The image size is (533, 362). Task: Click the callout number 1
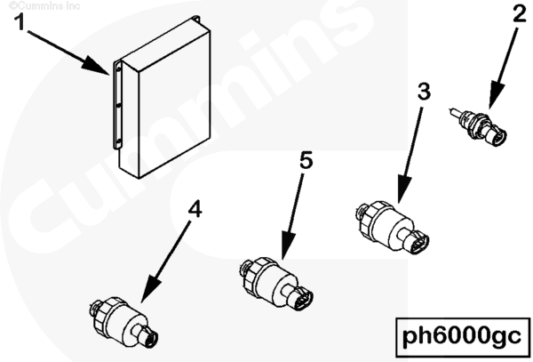[20, 22]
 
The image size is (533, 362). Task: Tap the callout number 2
[520, 14]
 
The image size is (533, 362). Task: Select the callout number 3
[424, 92]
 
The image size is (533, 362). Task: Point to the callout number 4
[195, 209]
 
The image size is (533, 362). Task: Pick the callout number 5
[306, 160]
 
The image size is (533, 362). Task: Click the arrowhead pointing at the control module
[96, 65]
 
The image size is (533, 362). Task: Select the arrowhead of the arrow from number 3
[403, 189]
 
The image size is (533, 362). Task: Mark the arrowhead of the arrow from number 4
[149, 289]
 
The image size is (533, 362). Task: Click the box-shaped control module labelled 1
[162, 98]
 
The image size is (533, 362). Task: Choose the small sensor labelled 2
[479, 127]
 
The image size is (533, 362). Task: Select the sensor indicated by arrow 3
[393, 228]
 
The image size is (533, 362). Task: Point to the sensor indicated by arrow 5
[276, 284]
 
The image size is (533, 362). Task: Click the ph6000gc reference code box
[463, 337]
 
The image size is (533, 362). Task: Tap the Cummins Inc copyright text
[44, 6]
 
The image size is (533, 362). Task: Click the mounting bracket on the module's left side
[117, 105]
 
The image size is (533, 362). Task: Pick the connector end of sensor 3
[417, 241]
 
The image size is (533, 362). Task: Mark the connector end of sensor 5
[301, 298]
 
